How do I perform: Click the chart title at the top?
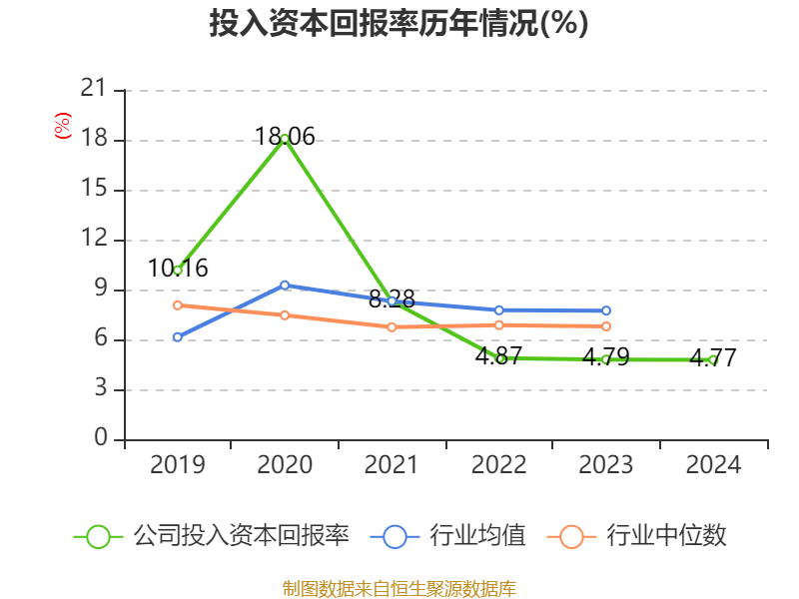coord(399,24)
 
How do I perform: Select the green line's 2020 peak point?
coord(285,138)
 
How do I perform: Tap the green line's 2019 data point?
coord(178,270)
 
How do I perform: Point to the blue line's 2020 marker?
coord(285,285)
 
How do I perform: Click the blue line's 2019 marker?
coord(178,337)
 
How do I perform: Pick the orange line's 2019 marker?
coord(178,304)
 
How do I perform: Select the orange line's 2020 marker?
coord(285,314)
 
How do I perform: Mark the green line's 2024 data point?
coord(713,359)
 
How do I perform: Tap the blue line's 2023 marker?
coord(606,310)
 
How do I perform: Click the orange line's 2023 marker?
coord(606,326)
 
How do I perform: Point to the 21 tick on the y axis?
coord(93,90)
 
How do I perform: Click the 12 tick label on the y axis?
coord(93,240)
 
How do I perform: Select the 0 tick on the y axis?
coord(101,439)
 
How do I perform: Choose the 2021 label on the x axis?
coord(392,465)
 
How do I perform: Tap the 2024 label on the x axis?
coord(713,465)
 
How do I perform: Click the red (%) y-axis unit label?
coord(63,127)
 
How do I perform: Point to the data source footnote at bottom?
coord(399,588)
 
